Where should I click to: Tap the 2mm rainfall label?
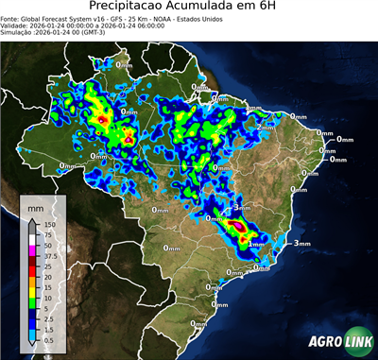coord(265,126)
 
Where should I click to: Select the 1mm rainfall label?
coord(256,243)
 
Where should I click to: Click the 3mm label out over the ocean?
coord(302,244)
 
